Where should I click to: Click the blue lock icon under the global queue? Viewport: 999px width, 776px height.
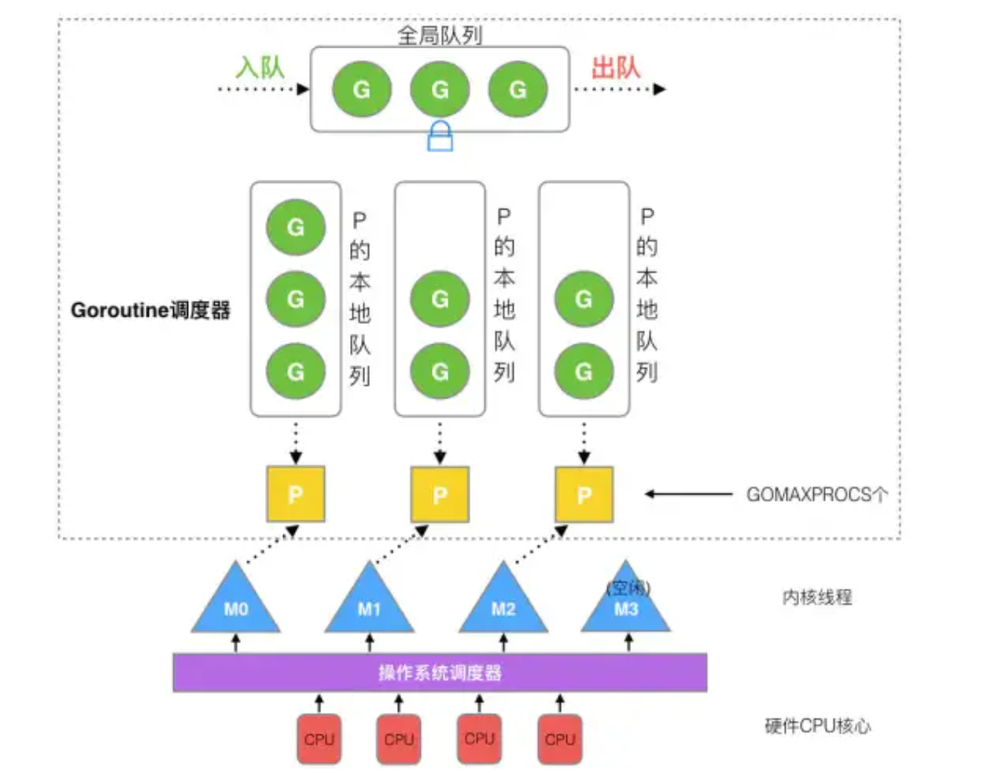click(x=440, y=136)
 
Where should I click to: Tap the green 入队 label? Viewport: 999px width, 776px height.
click(x=260, y=67)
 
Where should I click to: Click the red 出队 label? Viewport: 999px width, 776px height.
click(x=615, y=68)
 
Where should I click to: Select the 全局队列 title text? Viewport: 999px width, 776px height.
click(x=439, y=35)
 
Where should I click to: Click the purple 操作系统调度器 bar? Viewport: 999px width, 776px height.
click(x=439, y=673)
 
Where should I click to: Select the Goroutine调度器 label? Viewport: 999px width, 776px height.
click(x=151, y=311)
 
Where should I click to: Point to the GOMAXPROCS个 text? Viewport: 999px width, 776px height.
click(x=816, y=494)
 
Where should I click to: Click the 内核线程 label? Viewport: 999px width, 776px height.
click(x=816, y=597)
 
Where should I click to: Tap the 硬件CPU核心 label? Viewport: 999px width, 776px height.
click(x=817, y=726)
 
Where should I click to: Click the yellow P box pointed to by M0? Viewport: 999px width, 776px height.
click(x=296, y=494)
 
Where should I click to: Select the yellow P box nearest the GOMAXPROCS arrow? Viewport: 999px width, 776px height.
click(x=584, y=494)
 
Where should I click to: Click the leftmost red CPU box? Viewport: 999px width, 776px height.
click(x=319, y=739)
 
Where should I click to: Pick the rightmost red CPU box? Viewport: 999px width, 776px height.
click(x=560, y=739)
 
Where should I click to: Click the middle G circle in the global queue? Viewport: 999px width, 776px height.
click(x=440, y=90)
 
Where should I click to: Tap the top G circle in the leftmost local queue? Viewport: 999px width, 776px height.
click(x=296, y=227)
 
